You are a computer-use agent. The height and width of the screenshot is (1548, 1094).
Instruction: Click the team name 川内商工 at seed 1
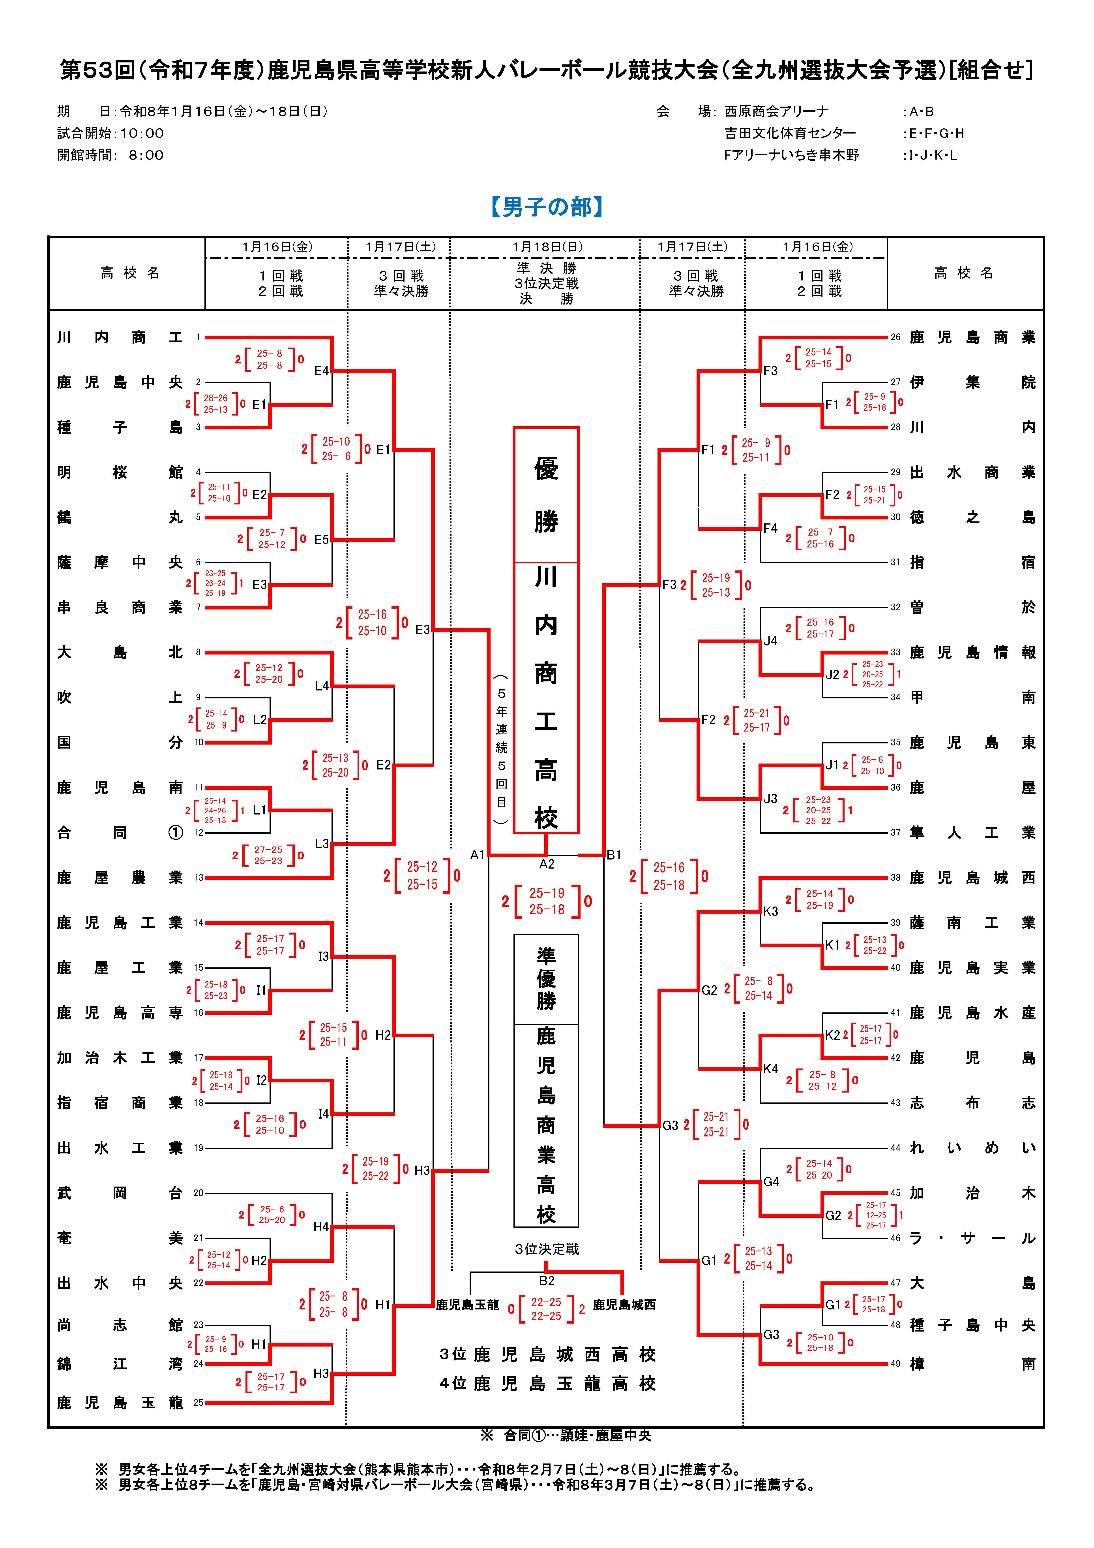(x=120, y=337)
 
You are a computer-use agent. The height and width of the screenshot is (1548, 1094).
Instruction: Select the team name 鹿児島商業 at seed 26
(x=972, y=337)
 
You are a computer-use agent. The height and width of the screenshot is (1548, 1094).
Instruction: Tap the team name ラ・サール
(x=972, y=1238)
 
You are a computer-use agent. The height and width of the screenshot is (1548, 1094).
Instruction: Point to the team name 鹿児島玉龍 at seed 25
(x=120, y=1402)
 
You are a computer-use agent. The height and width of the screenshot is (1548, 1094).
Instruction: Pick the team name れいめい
(x=972, y=1147)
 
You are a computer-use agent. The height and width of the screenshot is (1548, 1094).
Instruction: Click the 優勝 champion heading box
(x=546, y=494)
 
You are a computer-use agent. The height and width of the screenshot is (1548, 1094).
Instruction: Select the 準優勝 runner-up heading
(x=546, y=979)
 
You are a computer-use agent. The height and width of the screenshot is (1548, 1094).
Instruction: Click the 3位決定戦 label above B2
(x=547, y=1249)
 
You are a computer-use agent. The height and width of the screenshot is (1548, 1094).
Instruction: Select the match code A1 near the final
(x=477, y=855)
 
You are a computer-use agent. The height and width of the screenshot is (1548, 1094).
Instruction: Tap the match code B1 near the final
(x=613, y=855)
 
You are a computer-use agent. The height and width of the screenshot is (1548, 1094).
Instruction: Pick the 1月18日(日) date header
(x=547, y=247)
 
